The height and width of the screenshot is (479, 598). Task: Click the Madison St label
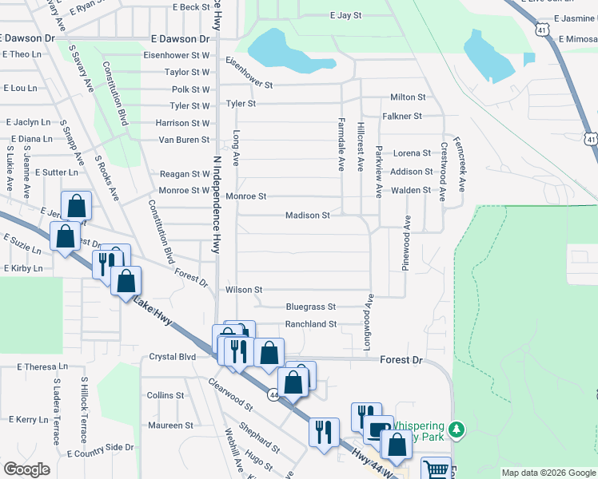pyautogui.click(x=308, y=216)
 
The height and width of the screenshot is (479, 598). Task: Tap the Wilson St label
pyautogui.click(x=244, y=290)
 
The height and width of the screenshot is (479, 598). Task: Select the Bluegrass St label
pyautogui.click(x=311, y=307)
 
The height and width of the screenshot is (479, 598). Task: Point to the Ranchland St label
pyautogui.click(x=311, y=324)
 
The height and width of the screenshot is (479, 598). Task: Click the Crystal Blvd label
pyautogui.click(x=173, y=357)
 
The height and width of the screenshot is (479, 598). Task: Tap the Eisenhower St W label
pyautogui.click(x=176, y=55)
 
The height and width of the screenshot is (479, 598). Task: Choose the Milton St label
pyautogui.click(x=408, y=97)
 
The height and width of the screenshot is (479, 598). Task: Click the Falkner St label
pyautogui.click(x=405, y=117)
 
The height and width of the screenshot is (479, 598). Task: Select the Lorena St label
pyautogui.click(x=411, y=152)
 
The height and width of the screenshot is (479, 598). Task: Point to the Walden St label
pyautogui.click(x=411, y=190)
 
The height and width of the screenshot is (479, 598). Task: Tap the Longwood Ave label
pyautogui.click(x=369, y=320)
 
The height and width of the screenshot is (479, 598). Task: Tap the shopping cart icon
pyautogui.click(x=436, y=469)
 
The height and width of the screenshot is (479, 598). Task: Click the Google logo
pyautogui.click(x=26, y=469)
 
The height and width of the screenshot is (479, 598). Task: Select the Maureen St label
pyautogui.click(x=169, y=426)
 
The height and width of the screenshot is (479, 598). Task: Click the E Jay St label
pyautogui.click(x=352, y=15)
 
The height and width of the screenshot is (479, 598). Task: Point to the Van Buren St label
pyautogui.click(x=183, y=140)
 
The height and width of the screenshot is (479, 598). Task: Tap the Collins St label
pyautogui.click(x=165, y=395)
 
